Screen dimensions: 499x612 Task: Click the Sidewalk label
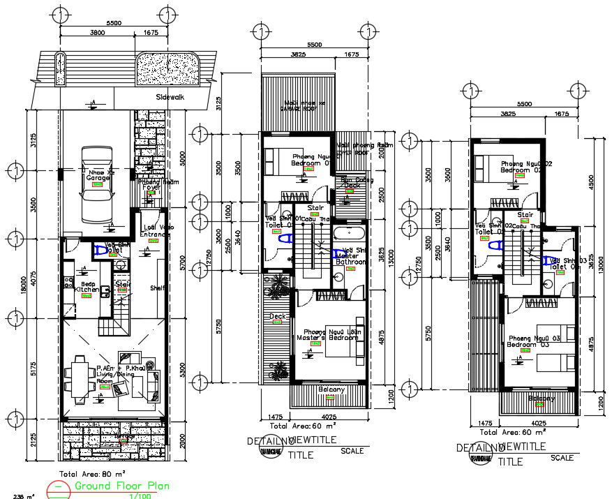tap(170, 98)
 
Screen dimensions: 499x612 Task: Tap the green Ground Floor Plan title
tap(121, 486)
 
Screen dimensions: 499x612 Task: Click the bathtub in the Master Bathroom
tap(347, 233)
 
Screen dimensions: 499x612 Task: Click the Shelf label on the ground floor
tap(156, 288)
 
